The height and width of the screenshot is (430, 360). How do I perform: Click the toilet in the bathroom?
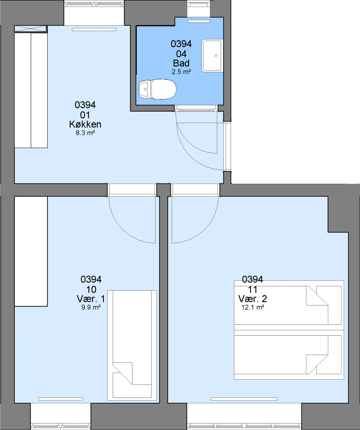[x=157, y=89]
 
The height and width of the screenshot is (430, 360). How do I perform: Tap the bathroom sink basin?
[x=212, y=56]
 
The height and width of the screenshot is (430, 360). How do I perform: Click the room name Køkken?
[x=85, y=124]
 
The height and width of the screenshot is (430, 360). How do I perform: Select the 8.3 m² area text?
[x=85, y=133]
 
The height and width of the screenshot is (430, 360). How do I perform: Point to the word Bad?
[x=181, y=63]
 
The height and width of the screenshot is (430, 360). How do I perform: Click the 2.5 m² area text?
[x=181, y=72]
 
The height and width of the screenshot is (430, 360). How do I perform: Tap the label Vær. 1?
[x=91, y=299]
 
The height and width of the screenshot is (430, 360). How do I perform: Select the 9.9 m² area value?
[x=91, y=307]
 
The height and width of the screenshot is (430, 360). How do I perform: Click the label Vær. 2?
[x=253, y=299]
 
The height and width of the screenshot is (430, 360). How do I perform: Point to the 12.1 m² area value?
[x=253, y=307]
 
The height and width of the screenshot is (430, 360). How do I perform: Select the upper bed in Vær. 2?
[x=289, y=305]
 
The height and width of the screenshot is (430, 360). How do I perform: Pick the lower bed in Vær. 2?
[x=289, y=355]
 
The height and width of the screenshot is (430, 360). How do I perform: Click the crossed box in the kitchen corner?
[x=30, y=29]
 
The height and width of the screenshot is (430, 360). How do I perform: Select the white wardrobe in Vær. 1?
[x=31, y=251]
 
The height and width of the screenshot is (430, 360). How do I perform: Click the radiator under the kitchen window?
[x=94, y=29]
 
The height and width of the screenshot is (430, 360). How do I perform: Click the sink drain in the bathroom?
[x=216, y=56]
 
